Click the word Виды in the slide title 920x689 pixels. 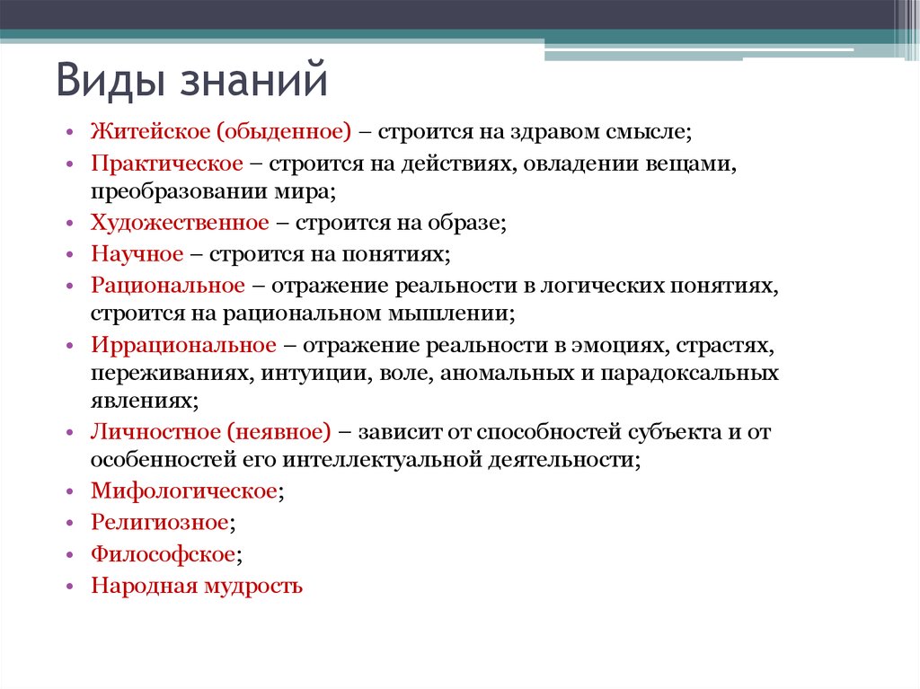tap(111, 80)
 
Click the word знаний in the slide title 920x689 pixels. tap(253, 80)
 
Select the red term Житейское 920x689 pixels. tap(150, 131)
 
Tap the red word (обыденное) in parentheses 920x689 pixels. tap(284, 131)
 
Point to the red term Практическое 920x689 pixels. tap(166, 163)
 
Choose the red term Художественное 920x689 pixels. tap(180, 223)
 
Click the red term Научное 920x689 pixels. tap(137, 254)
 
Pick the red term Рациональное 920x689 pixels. tap(167, 286)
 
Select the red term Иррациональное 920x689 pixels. tap(183, 345)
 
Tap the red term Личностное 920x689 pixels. tap(155, 432)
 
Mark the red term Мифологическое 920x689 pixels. tap(183, 491)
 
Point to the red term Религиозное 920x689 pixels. tap(160, 522)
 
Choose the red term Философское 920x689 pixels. tap(164, 554)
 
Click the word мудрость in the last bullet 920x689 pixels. tap(252, 586)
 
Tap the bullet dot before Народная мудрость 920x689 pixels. tap(70, 586)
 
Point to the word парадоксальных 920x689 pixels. tap(689, 374)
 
